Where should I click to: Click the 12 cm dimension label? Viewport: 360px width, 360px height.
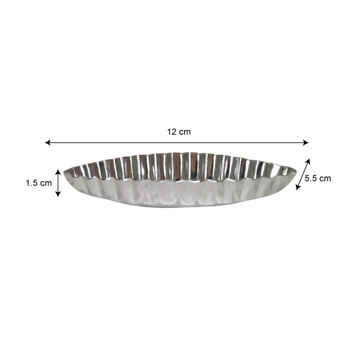179,132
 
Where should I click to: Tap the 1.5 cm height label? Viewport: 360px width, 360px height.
39,183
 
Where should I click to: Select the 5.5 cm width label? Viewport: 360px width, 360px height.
317,178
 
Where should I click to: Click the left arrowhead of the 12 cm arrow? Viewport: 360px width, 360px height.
48,143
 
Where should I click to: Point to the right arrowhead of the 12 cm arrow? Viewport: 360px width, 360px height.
305,143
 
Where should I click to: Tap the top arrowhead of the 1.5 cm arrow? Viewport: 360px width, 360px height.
58,172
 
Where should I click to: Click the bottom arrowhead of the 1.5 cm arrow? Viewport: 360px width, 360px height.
58,194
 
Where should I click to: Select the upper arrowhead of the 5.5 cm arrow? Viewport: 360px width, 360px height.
308,161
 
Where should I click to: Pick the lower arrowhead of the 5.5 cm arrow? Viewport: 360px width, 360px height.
298,187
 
